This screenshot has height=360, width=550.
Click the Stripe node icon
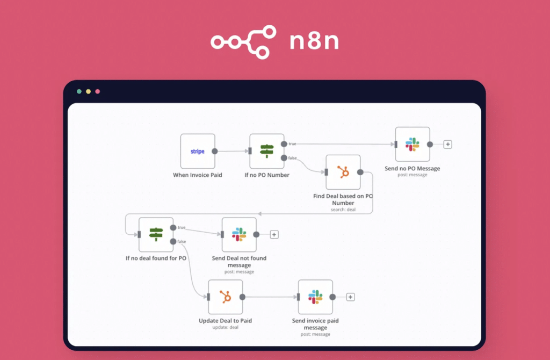pyautogui.click(x=198, y=152)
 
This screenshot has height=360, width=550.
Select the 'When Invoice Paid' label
pyautogui.click(x=198, y=175)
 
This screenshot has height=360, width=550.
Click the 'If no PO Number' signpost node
pyautogui.click(x=267, y=152)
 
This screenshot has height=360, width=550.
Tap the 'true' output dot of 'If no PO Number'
pyautogui.click(x=284, y=144)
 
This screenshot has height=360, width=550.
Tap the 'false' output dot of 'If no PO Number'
pyautogui.click(x=284, y=157)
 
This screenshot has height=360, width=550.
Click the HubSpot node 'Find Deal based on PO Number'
pyautogui.click(x=343, y=172)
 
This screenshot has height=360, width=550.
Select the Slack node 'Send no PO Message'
pyautogui.click(x=412, y=144)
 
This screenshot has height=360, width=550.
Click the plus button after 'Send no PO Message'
pyautogui.click(x=448, y=145)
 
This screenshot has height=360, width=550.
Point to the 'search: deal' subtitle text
pyautogui.click(x=343, y=210)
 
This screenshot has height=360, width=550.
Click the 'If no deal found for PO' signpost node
pyautogui.click(x=156, y=234)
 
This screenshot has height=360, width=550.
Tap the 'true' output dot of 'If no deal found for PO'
pyautogui.click(x=173, y=227)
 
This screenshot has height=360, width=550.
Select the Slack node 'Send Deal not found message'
pyautogui.click(x=239, y=234)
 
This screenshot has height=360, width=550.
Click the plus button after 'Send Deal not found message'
pyautogui.click(x=274, y=234)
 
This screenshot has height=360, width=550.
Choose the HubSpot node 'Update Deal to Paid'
pyautogui.click(x=225, y=297)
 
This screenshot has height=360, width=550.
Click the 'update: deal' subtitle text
pyautogui.click(x=225, y=327)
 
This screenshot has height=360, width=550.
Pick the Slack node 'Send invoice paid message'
pyautogui.click(x=315, y=297)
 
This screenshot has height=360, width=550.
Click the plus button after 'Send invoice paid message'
pyautogui.click(x=350, y=297)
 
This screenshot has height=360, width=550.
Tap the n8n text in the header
pyautogui.click(x=314, y=41)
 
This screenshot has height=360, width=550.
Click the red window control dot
pyautogui.click(x=97, y=91)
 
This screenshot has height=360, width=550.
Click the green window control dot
pyautogui.click(x=79, y=91)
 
